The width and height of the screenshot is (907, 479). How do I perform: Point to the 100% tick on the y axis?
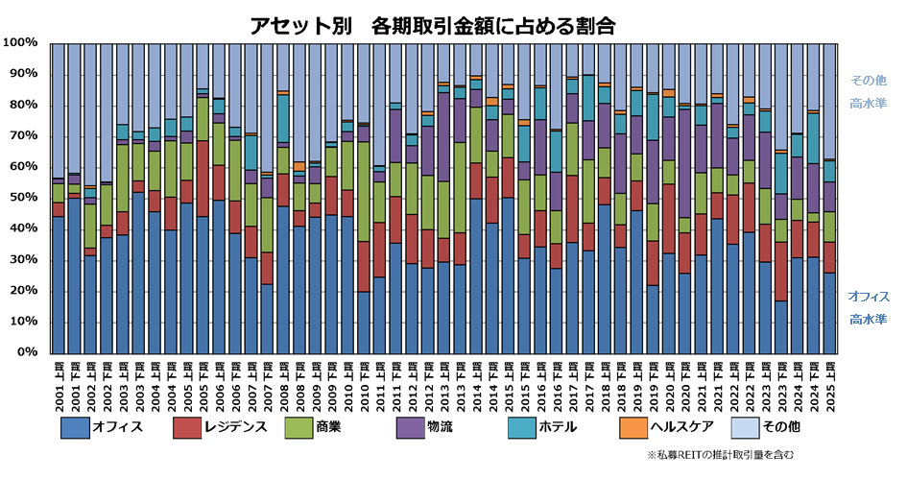coord(20,43)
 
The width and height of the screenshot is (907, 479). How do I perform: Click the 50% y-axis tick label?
coord(23,198)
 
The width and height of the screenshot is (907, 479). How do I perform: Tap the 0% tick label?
coord(27,352)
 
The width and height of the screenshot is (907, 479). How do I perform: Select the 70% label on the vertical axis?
coord(23,136)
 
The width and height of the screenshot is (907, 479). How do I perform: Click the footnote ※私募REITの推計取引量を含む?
coord(721,455)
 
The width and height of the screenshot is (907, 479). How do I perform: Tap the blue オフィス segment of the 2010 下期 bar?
coord(364,322)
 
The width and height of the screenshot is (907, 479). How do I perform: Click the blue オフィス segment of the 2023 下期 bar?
coord(780,326)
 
